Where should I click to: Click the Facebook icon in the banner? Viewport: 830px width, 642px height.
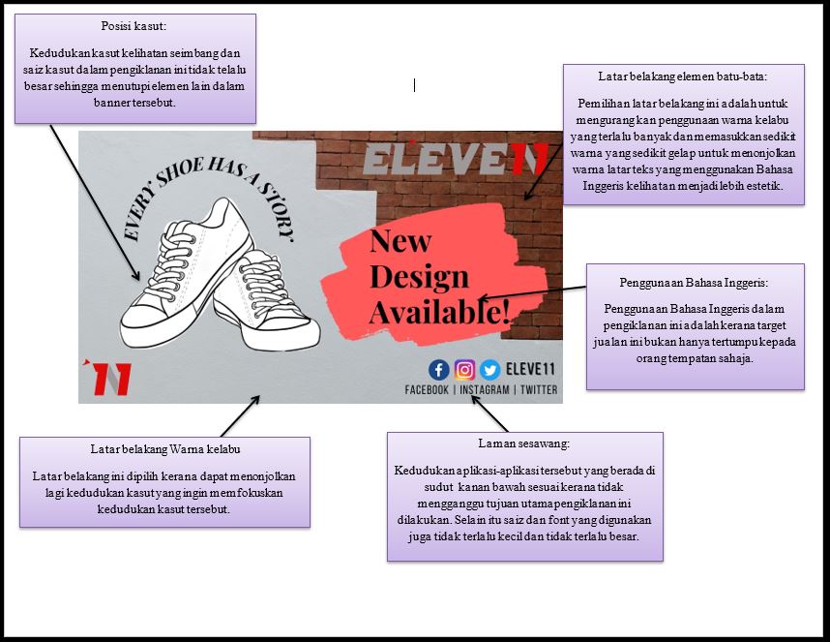439,369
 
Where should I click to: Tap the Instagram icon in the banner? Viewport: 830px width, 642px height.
464,369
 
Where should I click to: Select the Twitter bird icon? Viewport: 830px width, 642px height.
489,369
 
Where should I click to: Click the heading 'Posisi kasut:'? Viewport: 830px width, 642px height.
134,26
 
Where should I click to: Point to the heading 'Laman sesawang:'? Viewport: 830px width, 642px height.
524,443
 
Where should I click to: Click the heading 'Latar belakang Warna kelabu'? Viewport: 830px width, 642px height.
164,449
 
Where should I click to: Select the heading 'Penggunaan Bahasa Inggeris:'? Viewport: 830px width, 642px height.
695,283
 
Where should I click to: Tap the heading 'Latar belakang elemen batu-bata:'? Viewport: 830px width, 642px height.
683,76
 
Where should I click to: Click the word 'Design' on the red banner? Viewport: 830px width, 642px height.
419,277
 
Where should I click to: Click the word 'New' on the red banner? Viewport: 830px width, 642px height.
400,241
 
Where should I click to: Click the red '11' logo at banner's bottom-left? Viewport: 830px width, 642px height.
107,378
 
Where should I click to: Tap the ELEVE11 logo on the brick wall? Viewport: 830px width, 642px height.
456,160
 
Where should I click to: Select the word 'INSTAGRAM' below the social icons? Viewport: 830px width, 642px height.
484,390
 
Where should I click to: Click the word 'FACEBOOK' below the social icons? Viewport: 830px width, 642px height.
427,390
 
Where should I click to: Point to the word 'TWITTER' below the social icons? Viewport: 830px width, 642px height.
538,390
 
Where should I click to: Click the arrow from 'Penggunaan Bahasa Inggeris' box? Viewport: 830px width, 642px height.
532,292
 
